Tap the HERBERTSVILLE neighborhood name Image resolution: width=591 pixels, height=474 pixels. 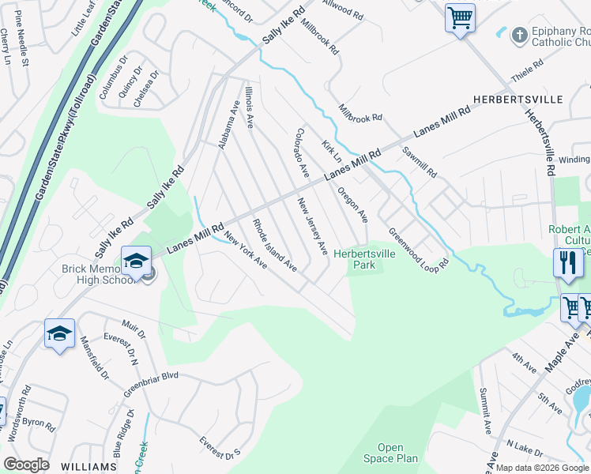[518, 100]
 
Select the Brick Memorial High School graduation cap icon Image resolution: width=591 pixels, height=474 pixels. [136, 261]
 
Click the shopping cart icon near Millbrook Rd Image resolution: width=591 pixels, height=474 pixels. [459, 17]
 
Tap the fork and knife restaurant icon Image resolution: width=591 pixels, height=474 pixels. [567, 261]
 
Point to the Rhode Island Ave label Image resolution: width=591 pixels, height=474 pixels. [273, 245]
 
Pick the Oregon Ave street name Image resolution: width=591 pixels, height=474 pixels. [352, 204]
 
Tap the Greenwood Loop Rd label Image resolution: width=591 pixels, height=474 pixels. [418, 249]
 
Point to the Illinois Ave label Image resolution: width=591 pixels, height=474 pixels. [250, 107]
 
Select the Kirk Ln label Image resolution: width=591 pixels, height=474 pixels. [330, 151]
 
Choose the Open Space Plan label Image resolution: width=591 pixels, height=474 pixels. [390, 453]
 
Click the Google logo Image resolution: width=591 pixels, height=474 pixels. [26, 465]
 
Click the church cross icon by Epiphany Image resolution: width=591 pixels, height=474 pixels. [519, 35]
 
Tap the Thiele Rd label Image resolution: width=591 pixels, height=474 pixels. [531, 80]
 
